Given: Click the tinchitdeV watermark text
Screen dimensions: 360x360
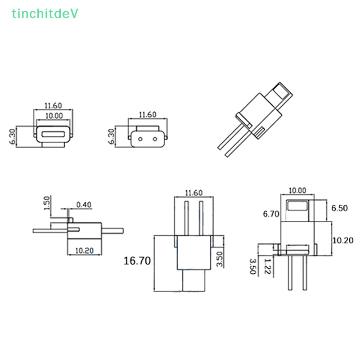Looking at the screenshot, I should coord(45,14).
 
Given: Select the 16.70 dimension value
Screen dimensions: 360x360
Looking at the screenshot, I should coord(138,261).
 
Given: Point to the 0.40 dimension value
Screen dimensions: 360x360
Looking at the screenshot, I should coord(84,205).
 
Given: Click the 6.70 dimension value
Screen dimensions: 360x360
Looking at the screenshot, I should coord(272,214).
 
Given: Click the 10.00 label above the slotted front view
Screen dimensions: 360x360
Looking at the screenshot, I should coord(54,116).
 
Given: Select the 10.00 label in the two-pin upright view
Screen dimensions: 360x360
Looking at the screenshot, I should coord(297,190).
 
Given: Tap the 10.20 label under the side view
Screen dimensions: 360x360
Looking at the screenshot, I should coord(84,251).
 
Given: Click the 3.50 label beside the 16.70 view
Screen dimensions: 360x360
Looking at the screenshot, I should coord(219,260).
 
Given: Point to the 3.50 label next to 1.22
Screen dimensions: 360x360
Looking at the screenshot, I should coord(252,266).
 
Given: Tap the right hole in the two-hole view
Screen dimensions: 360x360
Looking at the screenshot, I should coord(157,139).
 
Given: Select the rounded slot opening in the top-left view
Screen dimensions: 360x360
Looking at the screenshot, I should coord(54,134).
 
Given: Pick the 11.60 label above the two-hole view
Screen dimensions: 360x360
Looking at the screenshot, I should coord(148,115).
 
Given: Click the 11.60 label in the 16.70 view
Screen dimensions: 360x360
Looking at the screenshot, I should coord(193,193).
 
